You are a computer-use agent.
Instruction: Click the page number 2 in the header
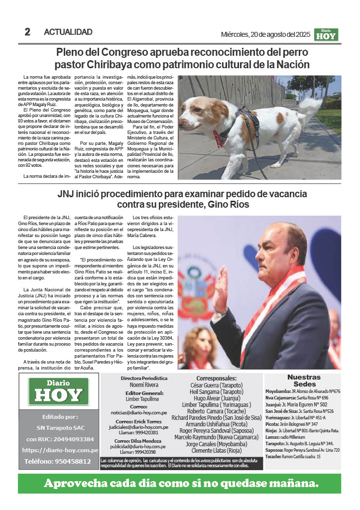pyautogui.click(x=27, y=32)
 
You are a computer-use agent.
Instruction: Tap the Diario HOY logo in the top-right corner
pyautogui.click(x=326, y=34)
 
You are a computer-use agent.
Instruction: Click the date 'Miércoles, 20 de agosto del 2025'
pyautogui.click(x=265, y=34)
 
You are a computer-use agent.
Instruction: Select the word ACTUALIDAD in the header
pyautogui.click(x=68, y=32)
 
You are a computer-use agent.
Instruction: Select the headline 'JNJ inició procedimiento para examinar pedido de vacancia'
pyautogui.click(x=175, y=194)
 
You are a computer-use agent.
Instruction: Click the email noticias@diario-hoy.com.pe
pyautogui.click(x=139, y=412)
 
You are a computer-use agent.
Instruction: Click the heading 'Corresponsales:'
pyautogui.click(x=216, y=378)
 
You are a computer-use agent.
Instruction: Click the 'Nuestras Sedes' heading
pyautogui.click(x=304, y=381)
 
